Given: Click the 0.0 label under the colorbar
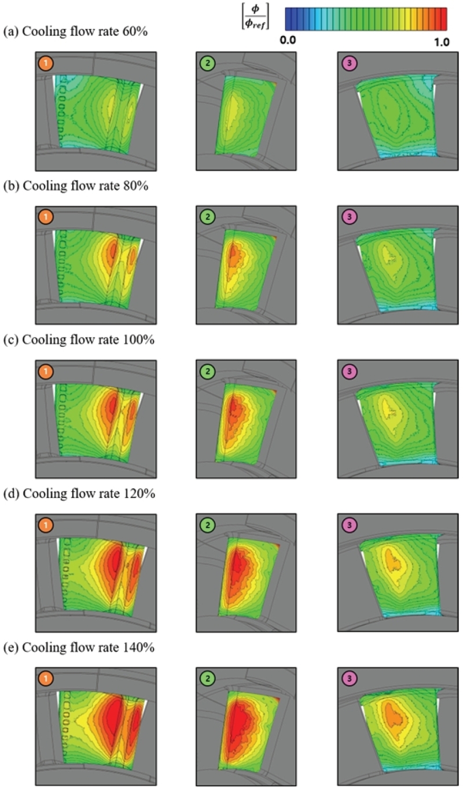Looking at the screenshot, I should point(289,40).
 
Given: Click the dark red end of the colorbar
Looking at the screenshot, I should point(443,19).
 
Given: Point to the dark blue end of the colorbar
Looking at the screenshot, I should point(288,19).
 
